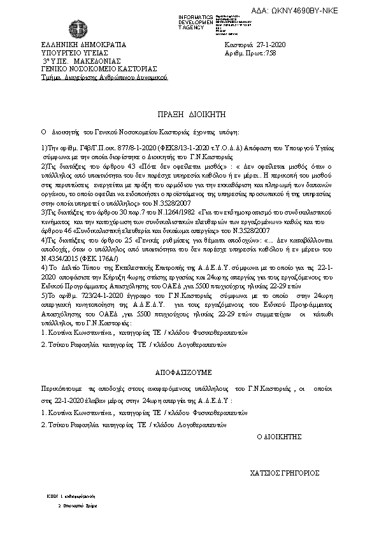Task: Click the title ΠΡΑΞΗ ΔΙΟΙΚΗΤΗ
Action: tap(189, 113)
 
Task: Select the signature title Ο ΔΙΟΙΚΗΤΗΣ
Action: tap(278, 437)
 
